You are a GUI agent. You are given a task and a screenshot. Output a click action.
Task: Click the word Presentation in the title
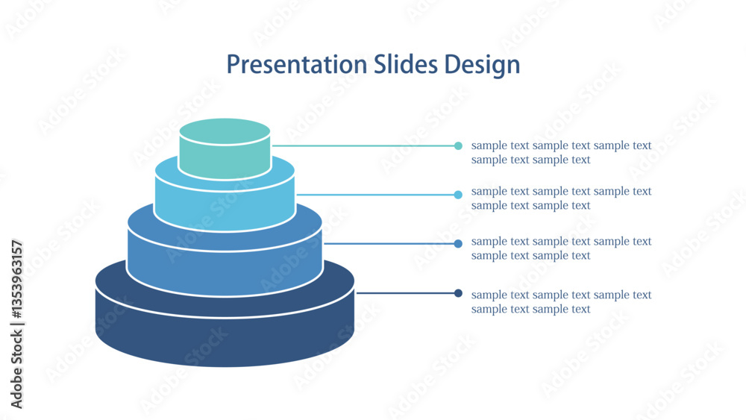(x=297, y=64)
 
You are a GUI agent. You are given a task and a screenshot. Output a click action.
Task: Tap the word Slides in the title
(x=405, y=64)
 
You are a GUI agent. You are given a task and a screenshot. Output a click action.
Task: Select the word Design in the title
(x=482, y=65)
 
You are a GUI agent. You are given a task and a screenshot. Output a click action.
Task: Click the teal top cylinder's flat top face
(x=225, y=131)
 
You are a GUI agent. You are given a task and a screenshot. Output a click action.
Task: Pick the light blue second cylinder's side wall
(x=225, y=210)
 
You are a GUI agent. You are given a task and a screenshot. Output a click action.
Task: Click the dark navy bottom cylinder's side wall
(x=225, y=340)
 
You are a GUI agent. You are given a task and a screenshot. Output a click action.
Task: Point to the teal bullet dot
(x=458, y=146)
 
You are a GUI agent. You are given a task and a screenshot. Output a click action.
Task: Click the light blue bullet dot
(x=458, y=195)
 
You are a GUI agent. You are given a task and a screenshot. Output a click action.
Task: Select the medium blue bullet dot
(x=458, y=243)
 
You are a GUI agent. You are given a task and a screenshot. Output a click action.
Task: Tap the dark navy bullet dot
(x=458, y=293)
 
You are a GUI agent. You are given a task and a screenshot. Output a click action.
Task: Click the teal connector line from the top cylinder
(x=363, y=146)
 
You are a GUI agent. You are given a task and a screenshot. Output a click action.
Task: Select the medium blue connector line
(x=389, y=243)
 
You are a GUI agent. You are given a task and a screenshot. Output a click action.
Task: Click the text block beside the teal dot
(x=562, y=152)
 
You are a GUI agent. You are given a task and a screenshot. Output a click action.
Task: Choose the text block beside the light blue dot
(x=562, y=198)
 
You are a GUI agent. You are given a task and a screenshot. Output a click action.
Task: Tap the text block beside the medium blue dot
(x=562, y=248)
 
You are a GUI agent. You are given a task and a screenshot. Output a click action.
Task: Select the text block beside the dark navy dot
(x=562, y=301)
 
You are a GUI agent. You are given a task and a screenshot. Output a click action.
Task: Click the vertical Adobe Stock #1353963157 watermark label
(x=16, y=325)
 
